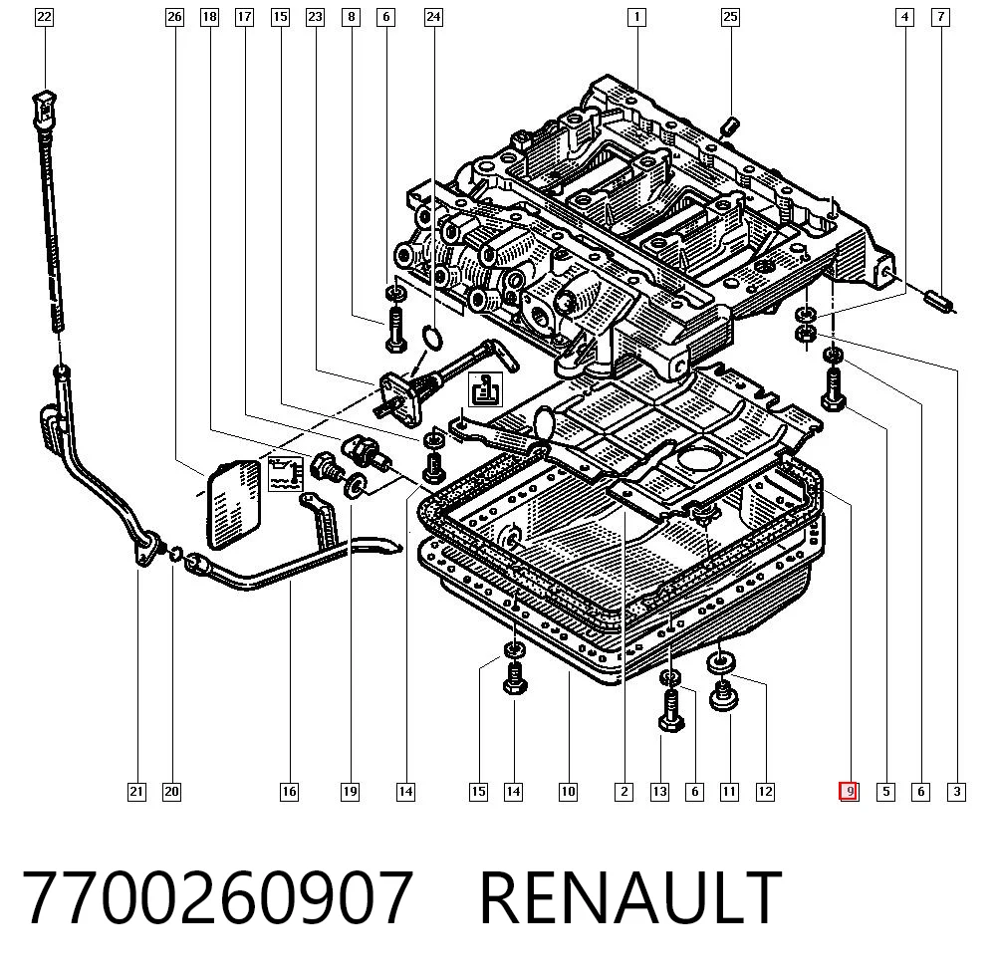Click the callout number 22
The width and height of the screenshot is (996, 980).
[x=44, y=17]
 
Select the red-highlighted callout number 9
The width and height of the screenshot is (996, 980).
[x=850, y=792]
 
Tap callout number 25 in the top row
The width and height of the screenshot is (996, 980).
[x=730, y=17]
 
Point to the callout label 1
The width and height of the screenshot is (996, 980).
[x=636, y=17]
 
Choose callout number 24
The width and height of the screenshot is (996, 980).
[x=433, y=17]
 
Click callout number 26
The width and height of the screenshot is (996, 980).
[x=174, y=17]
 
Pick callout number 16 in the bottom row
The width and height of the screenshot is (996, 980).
[x=289, y=792]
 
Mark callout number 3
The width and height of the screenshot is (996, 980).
[x=956, y=792]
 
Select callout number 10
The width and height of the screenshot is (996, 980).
[x=568, y=792]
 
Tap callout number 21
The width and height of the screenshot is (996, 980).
[x=136, y=792]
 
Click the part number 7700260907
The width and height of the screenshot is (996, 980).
[x=218, y=897]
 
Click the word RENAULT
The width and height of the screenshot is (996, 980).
[x=630, y=897]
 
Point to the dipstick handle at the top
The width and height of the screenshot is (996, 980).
[x=45, y=110]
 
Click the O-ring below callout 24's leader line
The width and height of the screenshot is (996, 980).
[x=432, y=337]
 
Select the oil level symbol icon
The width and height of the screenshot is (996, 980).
[x=286, y=474]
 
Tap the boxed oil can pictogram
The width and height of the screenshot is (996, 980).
[x=486, y=390]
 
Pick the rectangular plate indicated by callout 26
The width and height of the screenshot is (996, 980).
[x=234, y=505]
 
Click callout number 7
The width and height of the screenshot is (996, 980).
[x=940, y=17]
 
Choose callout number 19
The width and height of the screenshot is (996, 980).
[x=350, y=792]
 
